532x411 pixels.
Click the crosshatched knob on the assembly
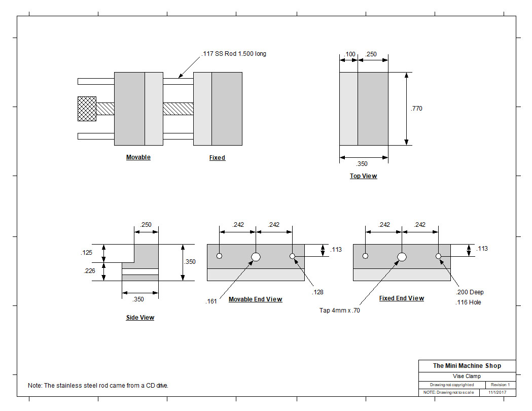(x=87, y=109)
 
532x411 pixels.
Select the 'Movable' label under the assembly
(x=138, y=157)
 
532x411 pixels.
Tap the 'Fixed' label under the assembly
(x=217, y=157)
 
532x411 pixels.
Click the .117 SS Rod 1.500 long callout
(x=234, y=54)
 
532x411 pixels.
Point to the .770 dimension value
(x=417, y=109)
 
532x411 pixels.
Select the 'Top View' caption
(x=364, y=176)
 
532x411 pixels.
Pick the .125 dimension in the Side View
(x=87, y=253)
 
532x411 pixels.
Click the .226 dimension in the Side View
(x=90, y=271)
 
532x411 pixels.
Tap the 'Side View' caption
(x=140, y=317)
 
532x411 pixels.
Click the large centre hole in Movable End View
(x=256, y=257)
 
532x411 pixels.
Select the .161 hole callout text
(x=211, y=301)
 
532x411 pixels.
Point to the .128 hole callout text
(x=317, y=292)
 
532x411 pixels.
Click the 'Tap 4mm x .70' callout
(x=340, y=310)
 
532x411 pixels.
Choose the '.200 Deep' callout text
(x=470, y=292)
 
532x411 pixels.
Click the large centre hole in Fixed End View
(x=402, y=257)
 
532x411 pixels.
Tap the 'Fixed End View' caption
(x=402, y=298)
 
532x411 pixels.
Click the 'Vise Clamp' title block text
(x=467, y=376)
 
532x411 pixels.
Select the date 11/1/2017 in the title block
(x=498, y=392)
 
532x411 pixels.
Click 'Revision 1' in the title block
(x=500, y=385)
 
